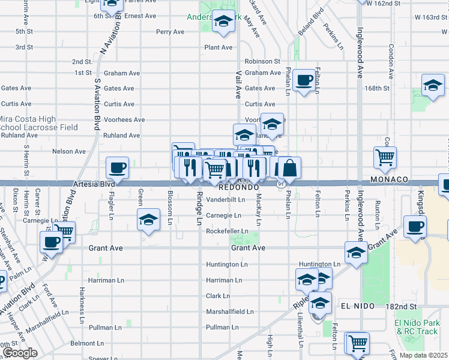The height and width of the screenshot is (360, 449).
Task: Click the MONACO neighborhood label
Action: coord(390,180)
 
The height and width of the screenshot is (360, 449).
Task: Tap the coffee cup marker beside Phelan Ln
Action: coord(305,80)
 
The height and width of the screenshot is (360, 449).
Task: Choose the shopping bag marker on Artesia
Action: coord(289,168)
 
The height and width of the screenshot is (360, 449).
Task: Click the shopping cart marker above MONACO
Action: coord(385,158)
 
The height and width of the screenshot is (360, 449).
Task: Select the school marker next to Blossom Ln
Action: coord(148,220)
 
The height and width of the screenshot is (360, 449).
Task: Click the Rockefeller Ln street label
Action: coord(227,231)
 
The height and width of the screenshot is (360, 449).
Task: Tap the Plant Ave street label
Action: coord(218,47)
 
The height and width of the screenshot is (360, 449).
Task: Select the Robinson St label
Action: coord(262,61)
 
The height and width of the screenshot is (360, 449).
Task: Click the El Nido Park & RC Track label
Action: coord(416,327)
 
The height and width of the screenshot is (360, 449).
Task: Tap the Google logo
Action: coord(20,352)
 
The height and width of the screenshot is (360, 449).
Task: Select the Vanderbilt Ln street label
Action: coord(226,199)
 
